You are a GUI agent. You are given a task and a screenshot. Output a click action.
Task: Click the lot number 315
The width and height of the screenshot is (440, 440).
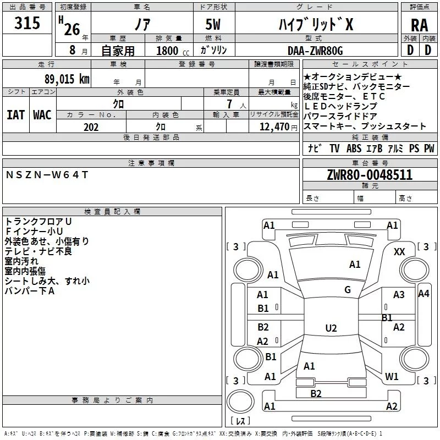27,23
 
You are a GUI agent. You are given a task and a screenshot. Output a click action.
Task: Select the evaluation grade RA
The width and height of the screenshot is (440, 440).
420,25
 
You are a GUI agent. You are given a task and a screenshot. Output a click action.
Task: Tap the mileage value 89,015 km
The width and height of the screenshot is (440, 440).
67,79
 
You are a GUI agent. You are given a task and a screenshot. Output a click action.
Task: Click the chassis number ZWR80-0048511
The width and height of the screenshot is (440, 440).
370,174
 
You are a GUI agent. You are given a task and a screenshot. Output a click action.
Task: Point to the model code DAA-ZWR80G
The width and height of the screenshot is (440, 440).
315,51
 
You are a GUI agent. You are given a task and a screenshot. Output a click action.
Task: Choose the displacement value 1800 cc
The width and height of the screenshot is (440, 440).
173,51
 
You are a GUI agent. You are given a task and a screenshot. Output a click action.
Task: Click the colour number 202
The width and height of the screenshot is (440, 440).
91,127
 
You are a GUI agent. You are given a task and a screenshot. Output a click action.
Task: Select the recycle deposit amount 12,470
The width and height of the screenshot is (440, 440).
274,127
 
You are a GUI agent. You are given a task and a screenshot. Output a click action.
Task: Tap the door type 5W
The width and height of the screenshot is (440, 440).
213,24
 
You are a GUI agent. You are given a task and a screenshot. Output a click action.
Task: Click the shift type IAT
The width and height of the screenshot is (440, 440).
16,115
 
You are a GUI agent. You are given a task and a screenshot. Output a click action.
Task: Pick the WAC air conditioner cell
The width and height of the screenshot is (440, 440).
42,115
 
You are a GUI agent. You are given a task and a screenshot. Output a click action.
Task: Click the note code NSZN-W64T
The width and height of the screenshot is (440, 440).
47,175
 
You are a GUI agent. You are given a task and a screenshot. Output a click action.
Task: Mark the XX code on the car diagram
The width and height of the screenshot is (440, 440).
399,252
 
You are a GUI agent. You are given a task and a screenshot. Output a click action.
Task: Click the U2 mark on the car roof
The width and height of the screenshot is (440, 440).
331,328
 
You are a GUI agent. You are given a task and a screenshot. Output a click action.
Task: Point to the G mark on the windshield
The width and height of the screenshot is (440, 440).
348,289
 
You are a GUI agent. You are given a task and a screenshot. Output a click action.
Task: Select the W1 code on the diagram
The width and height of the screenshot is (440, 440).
392,376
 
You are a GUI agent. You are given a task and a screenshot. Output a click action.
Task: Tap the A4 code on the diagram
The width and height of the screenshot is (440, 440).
424,294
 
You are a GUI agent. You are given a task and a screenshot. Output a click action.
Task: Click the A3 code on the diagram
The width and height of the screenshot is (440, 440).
399,295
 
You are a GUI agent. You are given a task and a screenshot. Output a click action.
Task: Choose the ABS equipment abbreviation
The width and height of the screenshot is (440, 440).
354,148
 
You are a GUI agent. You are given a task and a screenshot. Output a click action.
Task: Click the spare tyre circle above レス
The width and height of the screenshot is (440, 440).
240,402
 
